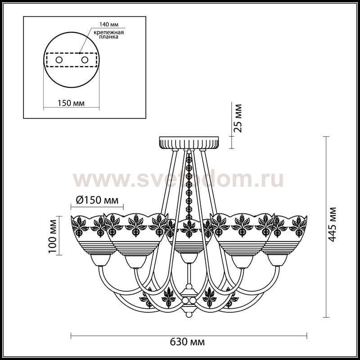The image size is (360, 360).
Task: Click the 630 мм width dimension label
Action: point(187,342)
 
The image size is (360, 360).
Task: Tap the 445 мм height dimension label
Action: point(332,224)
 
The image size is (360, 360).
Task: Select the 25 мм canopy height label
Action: point(238,118)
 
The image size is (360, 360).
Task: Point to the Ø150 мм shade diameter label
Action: point(97,200)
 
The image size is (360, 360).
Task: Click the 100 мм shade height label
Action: point(53,236)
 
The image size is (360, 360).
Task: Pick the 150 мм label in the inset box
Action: point(71,103)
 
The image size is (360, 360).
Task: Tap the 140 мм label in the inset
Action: point(109,24)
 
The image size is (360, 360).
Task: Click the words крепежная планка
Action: point(108,35)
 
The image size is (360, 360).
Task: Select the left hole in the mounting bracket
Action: point(59,60)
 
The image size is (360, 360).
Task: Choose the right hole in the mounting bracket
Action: point(85,60)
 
